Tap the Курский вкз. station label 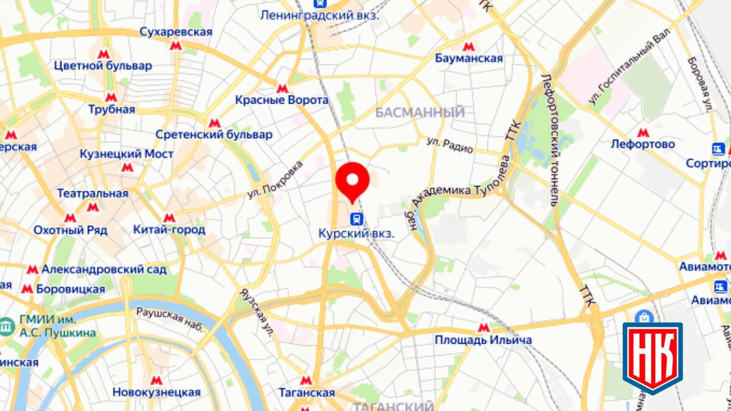click(356, 233)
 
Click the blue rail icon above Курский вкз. click(357, 218)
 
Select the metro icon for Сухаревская click(176, 45)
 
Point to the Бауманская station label click(469, 58)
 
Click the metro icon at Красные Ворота click(282, 88)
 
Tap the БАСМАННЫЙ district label click(420, 113)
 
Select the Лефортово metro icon click(643, 133)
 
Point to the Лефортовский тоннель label click(549, 140)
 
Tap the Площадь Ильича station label click(483, 340)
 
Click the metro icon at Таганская click(306, 381)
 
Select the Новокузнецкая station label click(157, 392)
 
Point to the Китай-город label click(169, 230)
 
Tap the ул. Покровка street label click(275, 180)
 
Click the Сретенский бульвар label click(214, 135)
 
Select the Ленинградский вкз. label click(319, 15)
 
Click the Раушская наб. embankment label click(169, 319)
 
